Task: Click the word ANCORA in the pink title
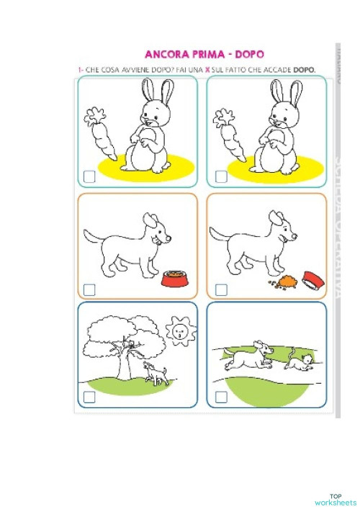pos(166,55)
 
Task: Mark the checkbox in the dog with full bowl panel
pos(90,289)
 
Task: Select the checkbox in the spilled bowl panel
pos(221,289)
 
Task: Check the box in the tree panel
pos(90,397)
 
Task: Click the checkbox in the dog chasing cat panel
pos(221,397)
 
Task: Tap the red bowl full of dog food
pos(174,277)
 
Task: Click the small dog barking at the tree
pos(156,373)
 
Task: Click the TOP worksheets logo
pos(335,499)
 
